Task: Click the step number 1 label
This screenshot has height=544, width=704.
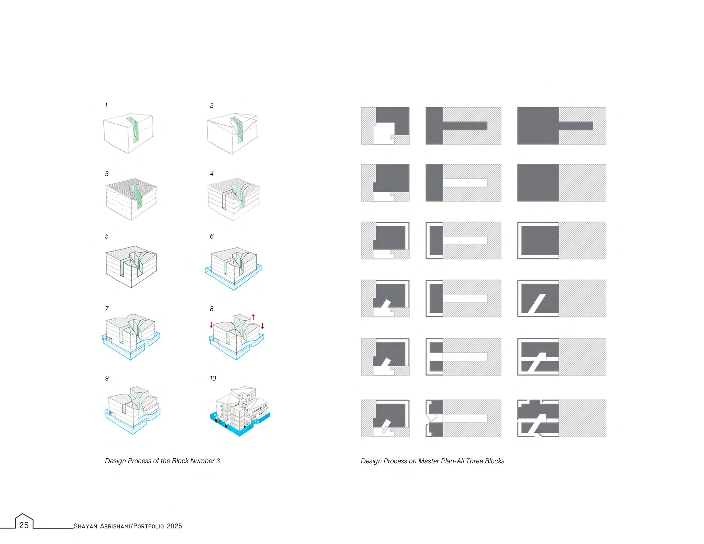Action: coord(106,106)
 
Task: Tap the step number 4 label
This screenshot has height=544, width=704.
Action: coord(212,174)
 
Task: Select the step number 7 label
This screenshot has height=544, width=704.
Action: coord(107,309)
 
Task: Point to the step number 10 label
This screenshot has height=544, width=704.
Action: coord(213,378)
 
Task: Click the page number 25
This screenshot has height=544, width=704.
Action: coord(24,525)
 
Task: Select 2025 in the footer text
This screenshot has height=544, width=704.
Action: coord(174,526)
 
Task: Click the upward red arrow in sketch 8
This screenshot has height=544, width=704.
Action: coord(253,317)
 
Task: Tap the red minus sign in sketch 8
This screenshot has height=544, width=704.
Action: coord(234,337)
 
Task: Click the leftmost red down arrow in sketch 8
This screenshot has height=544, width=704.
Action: coord(211,324)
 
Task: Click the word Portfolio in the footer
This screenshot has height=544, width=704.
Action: coord(148,526)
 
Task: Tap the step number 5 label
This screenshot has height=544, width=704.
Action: coord(107,236)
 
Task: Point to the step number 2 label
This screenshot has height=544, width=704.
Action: coord(212,106)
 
